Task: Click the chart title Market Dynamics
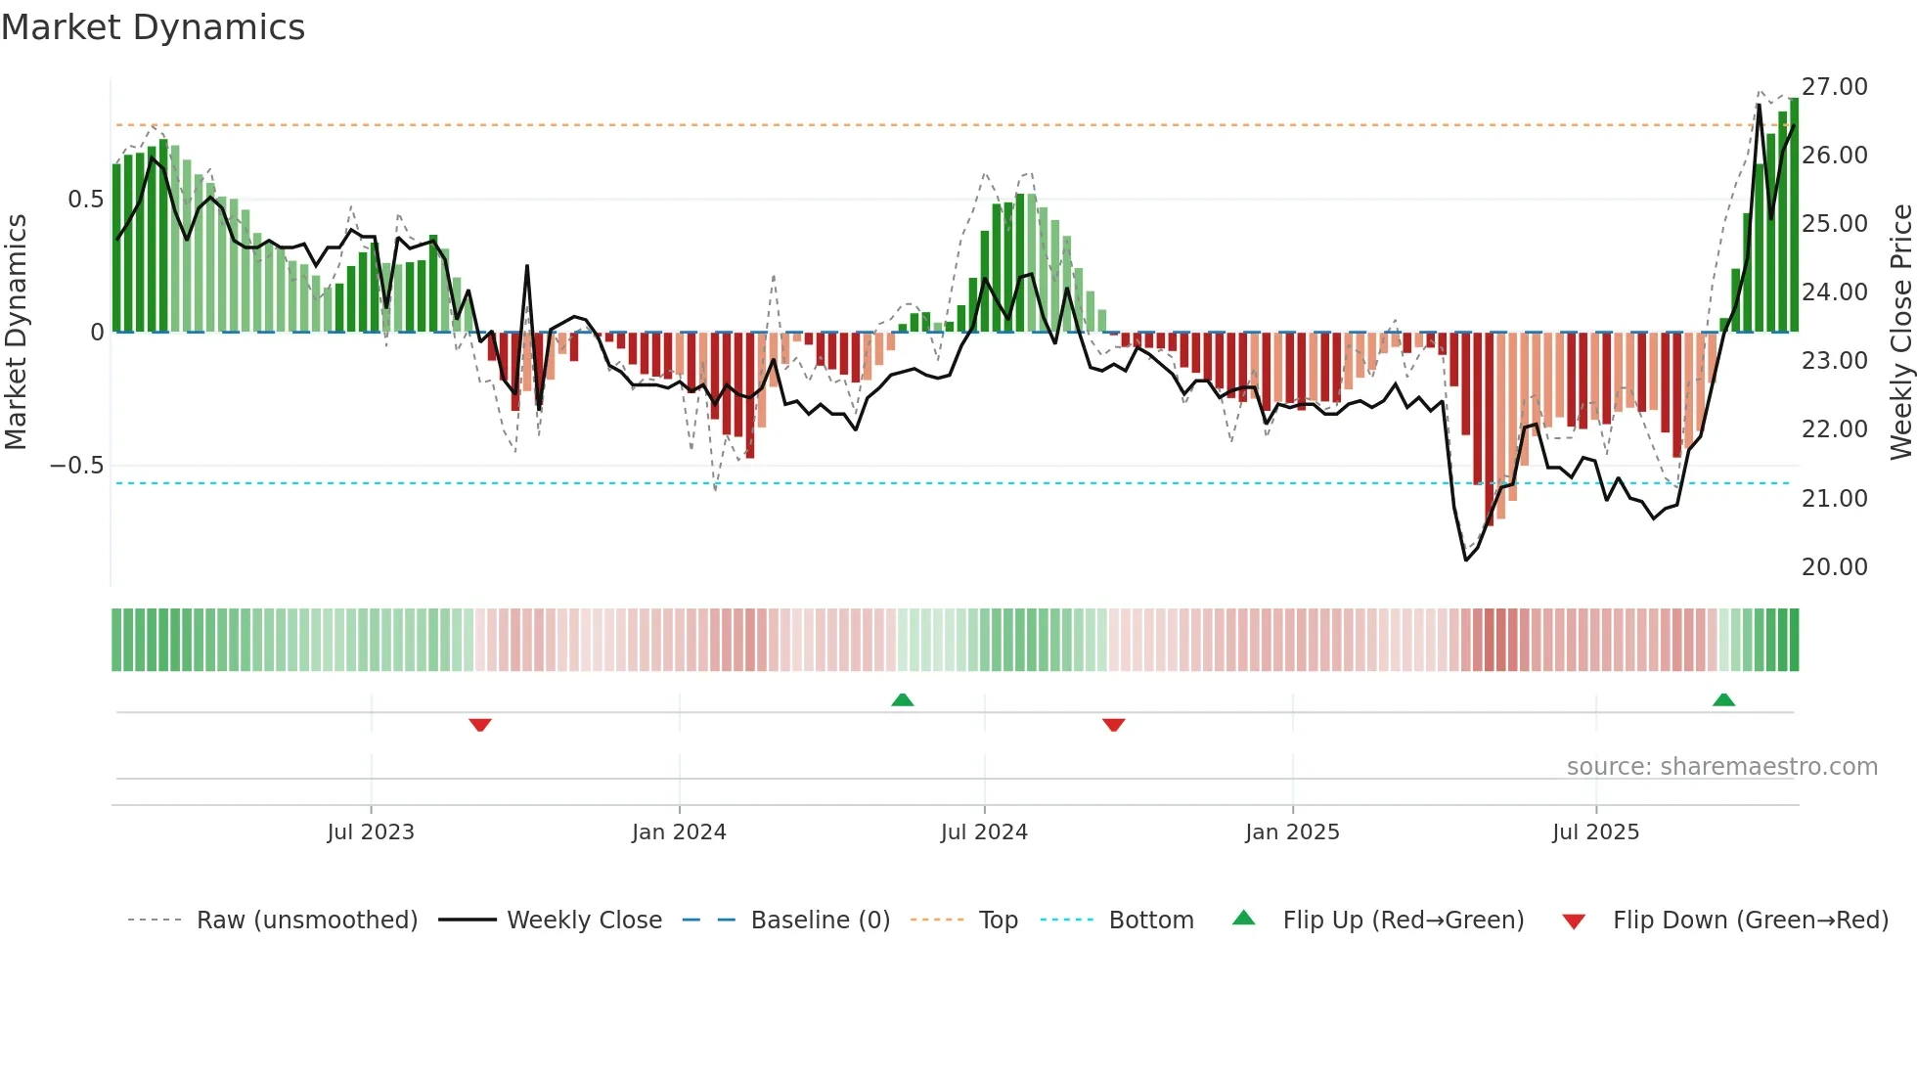pos(153,27)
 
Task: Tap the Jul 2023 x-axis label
pos(371,832)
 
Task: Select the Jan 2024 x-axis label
pos(679,832)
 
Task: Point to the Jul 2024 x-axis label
pos(984,832)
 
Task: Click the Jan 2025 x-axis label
pos(1292,832)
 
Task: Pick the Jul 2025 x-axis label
pos(1595,832)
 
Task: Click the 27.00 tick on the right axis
pos(1834,87)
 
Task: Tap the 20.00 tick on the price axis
pos(1834,567)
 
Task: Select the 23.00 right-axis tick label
pos(1834,361)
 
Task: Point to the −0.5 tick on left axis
pos(77,466)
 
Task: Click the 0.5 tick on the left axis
pos(85,200)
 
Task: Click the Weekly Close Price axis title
pos(1900,332)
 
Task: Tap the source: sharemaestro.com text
pos(1721,767)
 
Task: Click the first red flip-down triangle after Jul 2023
pos(480,725)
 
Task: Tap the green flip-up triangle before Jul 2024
pos(903,700)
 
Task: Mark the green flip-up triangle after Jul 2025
pos(1723,700)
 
